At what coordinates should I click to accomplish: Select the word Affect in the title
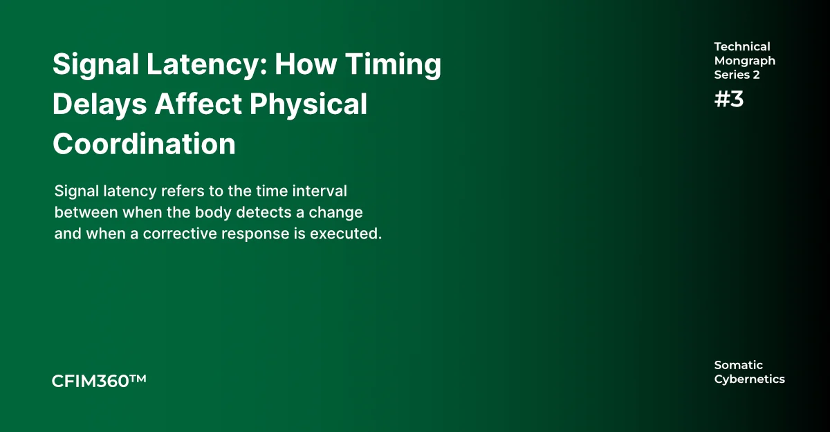coord(199,104)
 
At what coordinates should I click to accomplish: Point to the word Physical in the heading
coord(308,104)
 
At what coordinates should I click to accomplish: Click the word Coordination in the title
coord(144,144)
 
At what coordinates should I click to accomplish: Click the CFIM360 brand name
coord(91,381)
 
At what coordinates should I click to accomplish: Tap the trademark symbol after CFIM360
coord(138,379)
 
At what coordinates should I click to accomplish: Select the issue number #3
coord(729,99)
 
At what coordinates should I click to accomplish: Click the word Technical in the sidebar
coord(741,47)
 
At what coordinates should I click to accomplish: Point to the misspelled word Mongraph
coord(744,61)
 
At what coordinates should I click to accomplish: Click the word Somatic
coord(738,365)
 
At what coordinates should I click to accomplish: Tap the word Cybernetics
coord(749,379)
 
